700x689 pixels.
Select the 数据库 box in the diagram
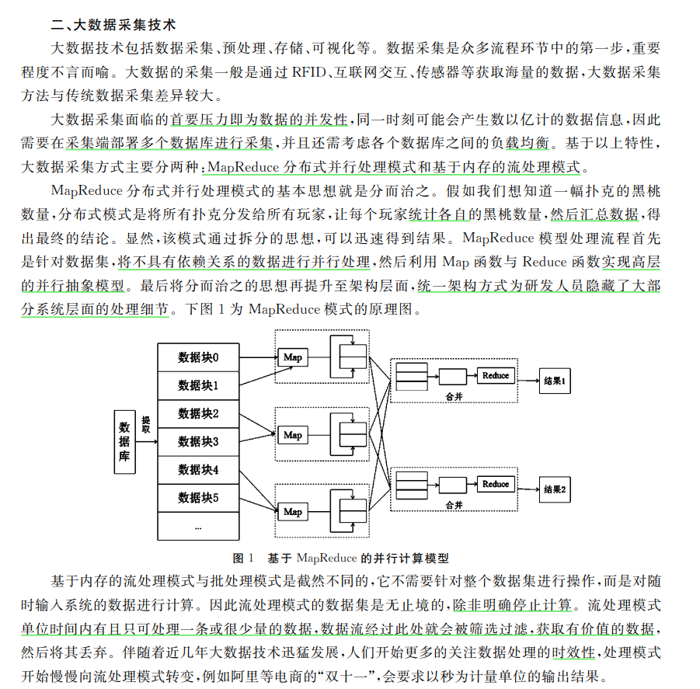124,441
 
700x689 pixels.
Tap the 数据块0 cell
198,357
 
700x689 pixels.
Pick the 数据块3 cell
198,441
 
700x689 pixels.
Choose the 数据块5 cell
198,497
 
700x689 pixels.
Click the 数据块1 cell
198,385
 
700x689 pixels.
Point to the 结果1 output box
556,382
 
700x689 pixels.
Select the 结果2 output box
556,490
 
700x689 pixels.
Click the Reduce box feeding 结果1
496,376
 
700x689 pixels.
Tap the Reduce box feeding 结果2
496,484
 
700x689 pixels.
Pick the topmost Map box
292,357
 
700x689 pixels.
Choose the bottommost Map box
292,512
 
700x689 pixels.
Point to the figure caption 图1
244,558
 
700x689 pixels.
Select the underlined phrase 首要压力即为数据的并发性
259,120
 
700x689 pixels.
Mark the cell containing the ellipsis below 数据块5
198,526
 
